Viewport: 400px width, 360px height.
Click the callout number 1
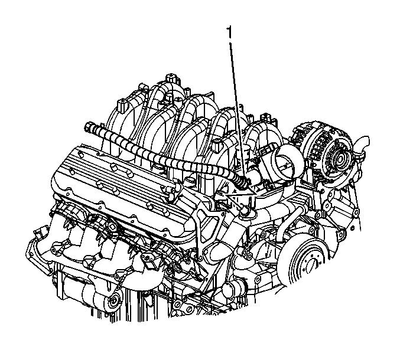pyautogui.click(x=230, y=33)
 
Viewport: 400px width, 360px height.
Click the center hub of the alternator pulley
pyautogui.click(x=340, y=159)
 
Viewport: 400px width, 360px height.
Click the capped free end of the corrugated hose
pyautogui.click(x=89, y=126)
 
